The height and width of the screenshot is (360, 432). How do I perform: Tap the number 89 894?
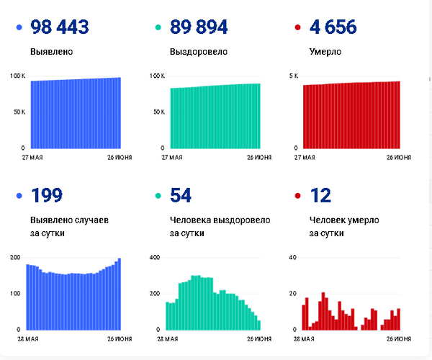[x=199, y=27]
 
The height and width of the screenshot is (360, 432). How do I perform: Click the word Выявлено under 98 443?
[x=51, y=53]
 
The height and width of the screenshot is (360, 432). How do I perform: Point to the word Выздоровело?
[x=199, y=53]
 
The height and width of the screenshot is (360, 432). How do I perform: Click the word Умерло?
[x=325, y=53]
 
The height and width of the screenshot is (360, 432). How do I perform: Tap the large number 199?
[x=46, y=195]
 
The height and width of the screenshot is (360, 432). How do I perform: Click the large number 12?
[x=320, y=195]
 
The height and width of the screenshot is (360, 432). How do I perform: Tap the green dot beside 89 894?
[x=158, y=28]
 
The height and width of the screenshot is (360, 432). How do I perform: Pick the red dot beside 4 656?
[x=297, y=28]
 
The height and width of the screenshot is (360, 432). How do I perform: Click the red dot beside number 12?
[x=297, y=196]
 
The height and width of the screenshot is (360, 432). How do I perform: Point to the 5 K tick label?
[x=293, y=76]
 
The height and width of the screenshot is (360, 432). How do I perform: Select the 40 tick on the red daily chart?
[x=292, y=257]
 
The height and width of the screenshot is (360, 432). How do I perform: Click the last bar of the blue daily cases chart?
[x=119, y=294]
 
